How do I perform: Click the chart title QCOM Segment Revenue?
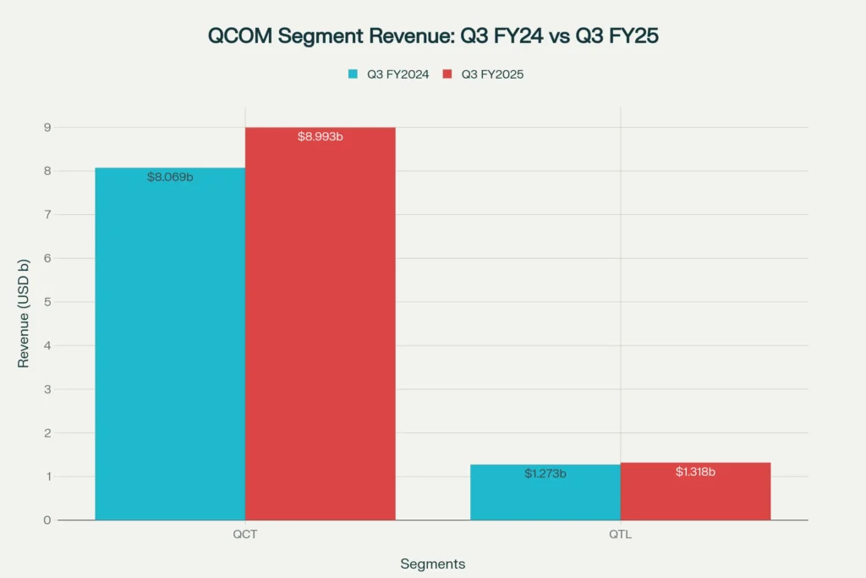coord(433,36)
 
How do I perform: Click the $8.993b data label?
coord(320,136)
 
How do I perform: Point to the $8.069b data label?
coord(170,177)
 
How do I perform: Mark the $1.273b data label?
coord(545,473)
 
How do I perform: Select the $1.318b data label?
coord(695,471)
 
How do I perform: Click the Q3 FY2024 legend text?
coord(397,74)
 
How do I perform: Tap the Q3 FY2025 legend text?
coord(492,74)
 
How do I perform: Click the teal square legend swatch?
coord(354,74)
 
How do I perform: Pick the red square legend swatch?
coord(448,74)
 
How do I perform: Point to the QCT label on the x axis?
coord(245,535)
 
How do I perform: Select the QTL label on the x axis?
coord(620,535)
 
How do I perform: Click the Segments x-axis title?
coord(433,564)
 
